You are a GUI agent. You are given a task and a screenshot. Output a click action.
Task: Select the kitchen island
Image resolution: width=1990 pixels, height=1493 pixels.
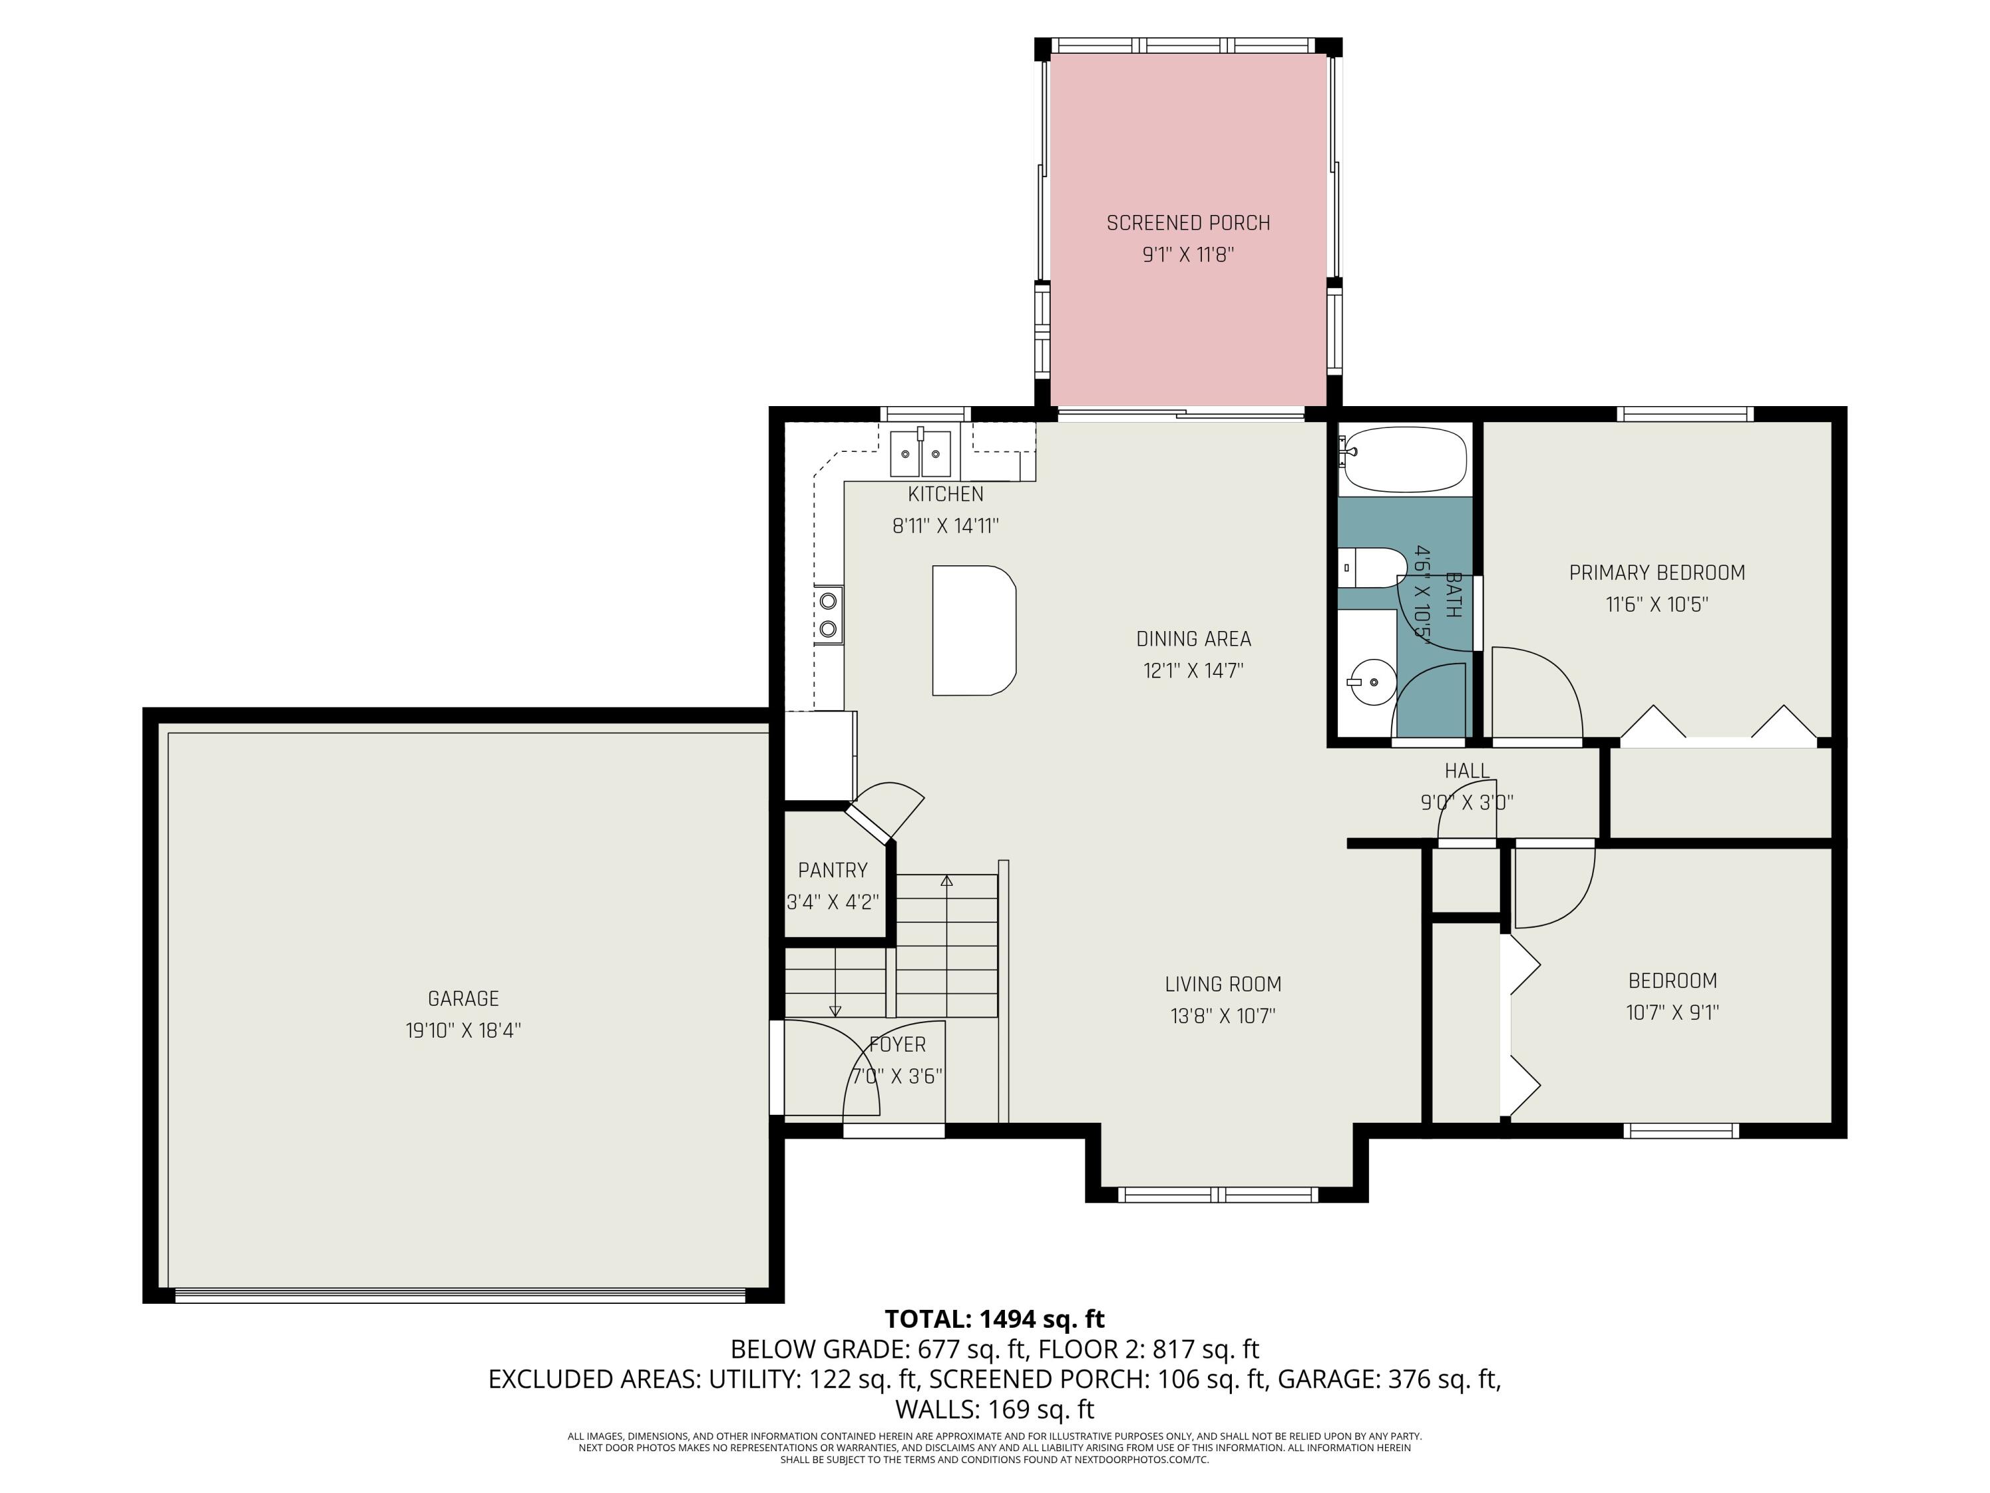pos(973,630)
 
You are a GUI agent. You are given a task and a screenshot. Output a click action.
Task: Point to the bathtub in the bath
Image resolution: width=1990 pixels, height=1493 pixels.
pos(1404,460)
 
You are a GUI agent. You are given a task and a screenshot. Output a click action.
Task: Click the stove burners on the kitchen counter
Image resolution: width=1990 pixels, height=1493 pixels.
pos(829,614)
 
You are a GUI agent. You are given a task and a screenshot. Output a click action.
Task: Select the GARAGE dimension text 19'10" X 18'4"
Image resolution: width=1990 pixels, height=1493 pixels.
pos(463,1031)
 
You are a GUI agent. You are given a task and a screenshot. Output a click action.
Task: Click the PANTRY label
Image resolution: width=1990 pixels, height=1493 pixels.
pos(832,870)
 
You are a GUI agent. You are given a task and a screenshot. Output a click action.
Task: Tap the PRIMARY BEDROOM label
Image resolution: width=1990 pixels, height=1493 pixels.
pos(1656,573)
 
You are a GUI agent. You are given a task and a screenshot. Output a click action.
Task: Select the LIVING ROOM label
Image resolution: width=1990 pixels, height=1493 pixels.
pos(1223,983)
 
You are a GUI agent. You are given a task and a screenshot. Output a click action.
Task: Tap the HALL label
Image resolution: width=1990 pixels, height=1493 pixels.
pos(1467,770)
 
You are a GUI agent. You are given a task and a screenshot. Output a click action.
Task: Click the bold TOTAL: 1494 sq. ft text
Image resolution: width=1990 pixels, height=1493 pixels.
pos(994,1319)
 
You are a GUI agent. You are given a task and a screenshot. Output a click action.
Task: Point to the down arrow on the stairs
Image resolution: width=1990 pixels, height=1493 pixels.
pos(835,1010)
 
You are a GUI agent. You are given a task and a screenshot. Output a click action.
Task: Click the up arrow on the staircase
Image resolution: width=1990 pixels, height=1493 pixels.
pos(947,881)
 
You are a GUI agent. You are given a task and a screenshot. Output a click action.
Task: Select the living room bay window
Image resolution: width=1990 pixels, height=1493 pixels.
pos(1218,1194)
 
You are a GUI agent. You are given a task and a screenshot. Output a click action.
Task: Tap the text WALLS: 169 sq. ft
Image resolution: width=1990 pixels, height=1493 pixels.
pos(994,1409)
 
